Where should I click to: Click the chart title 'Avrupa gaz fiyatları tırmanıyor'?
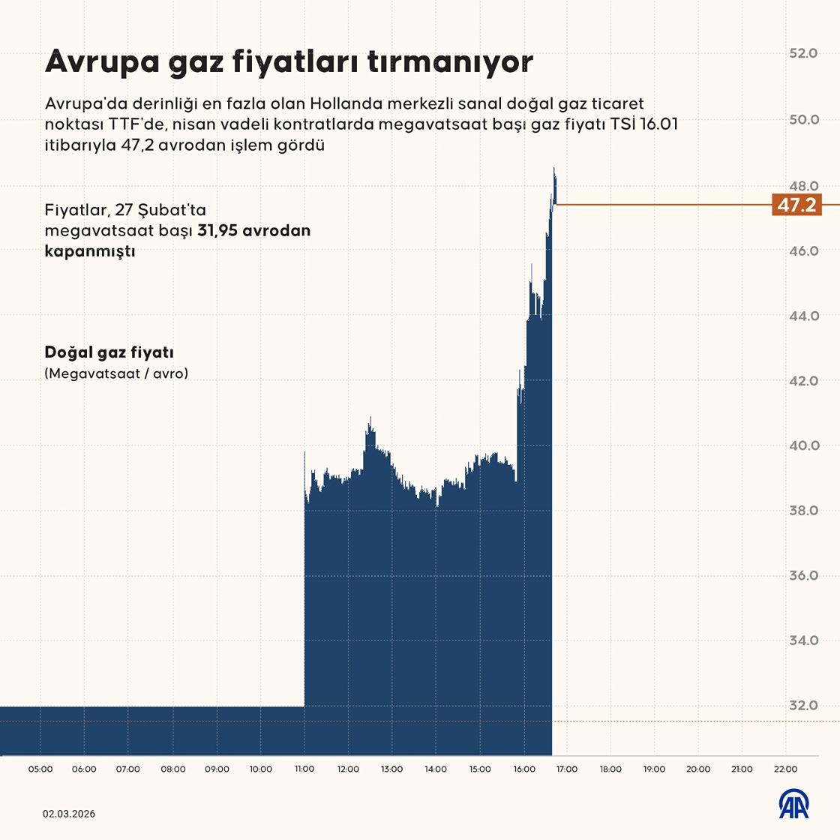(x=289, y=61)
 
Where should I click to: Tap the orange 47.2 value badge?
(x=796, y=205)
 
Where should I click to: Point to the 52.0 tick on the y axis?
(x=803, y=54)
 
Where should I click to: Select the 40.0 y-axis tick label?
(x=803, y=445)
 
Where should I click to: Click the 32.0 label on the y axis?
(x=803, y=706)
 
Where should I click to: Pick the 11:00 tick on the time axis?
(x=304, y=769)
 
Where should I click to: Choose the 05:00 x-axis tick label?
(x=40, y=769)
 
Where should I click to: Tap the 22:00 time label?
(x=785, y=769)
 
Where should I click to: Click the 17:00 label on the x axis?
(x=567, y=769)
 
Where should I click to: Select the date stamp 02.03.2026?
(x=69, y=814)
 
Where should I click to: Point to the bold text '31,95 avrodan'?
(x=253, y=231)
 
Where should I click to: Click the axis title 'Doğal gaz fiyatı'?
(x=109, y=352)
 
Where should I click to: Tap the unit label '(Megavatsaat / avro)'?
(x=116, y=373)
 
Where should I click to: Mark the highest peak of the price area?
(x=554, y=169)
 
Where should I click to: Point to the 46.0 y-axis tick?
(x=803, y=250)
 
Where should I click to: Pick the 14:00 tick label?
(x=436, y=769)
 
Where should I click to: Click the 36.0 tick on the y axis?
(x=803, y=576)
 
